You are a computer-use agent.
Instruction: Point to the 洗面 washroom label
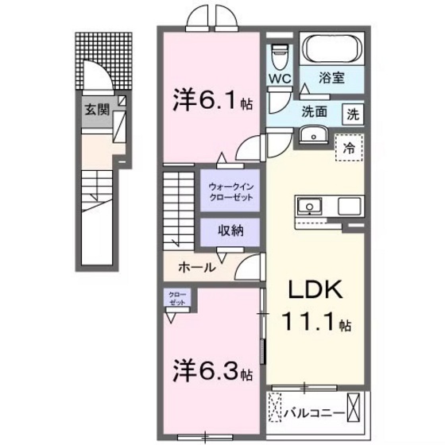tap(315, 112)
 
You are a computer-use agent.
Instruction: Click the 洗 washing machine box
tap(352, 114)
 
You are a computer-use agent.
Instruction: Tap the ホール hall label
tap(195, 268)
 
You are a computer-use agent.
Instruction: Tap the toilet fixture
tap(278, 56)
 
